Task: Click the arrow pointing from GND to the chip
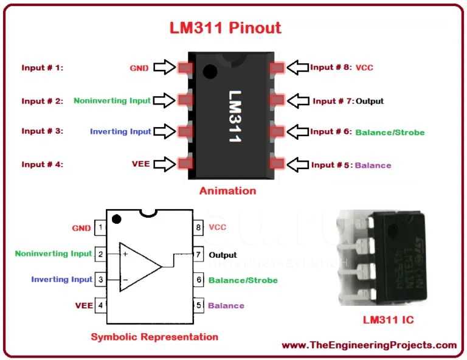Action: [x=164, y=67]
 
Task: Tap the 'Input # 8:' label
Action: [x=330, y=67]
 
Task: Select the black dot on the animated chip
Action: [x=210, y=72]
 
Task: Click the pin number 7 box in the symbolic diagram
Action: [x=198, y=254]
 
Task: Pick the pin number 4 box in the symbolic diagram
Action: [x=101, y=305]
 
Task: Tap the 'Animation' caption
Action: [x=227, y=190]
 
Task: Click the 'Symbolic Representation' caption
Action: [x=154, y=336]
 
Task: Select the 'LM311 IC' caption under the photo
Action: [x=384, y=319]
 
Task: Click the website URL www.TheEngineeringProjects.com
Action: [x=369, y=345]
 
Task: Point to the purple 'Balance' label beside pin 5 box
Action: [x=226, y=305]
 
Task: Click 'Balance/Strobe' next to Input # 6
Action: [x=390, y=132]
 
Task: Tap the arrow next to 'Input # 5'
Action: [x=297, y=164]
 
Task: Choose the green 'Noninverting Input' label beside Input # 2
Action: [x=112, y=100]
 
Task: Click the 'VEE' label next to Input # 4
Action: [x=140, y=164]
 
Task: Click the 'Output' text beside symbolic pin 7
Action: [x=223, y=255]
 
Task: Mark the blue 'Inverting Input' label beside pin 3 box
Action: [x=61, y=280]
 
